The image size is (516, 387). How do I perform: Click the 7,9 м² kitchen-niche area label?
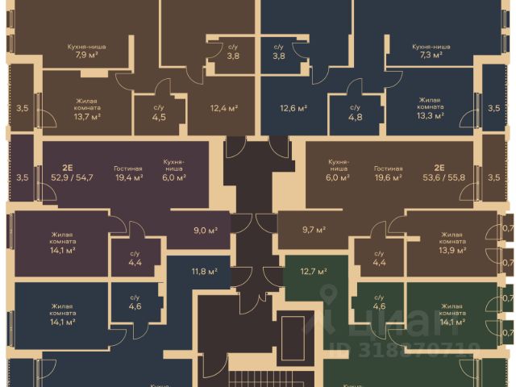point(87,56)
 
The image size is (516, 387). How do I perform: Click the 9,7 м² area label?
point(314,230)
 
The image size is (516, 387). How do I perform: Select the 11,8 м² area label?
point(204,272)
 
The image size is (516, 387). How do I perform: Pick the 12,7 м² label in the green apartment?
point(314,271)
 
